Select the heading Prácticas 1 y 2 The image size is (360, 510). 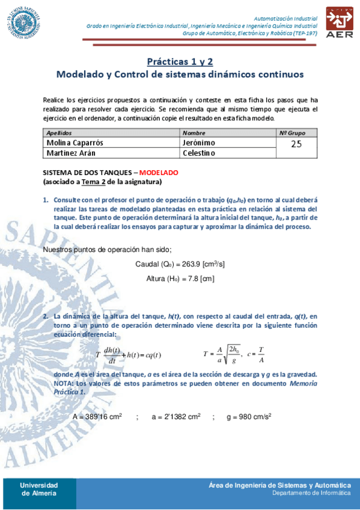180,61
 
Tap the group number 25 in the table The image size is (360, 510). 296,144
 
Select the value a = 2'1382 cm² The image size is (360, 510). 175,416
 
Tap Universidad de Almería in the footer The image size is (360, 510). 39,488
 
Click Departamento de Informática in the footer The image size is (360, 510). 311,493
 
